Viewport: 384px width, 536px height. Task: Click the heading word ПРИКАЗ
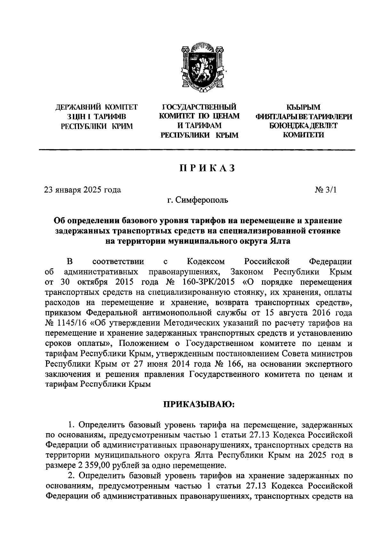click(x=207, y=168)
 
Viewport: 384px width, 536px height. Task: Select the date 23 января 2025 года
click(x=83, y=190)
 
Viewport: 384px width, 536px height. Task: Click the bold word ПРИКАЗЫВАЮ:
click(x=199, y=404)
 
